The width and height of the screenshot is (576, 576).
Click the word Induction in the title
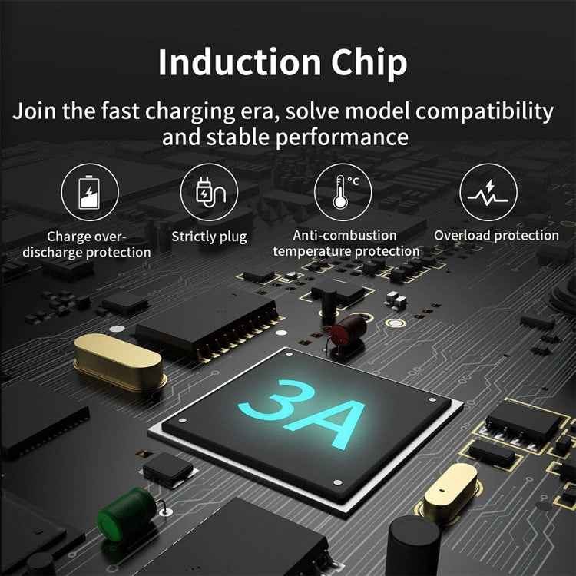(240, 61)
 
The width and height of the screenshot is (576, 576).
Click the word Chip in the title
(369, 64)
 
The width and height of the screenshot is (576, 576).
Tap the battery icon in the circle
(89, 192)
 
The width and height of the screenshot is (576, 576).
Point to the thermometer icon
(342, 192)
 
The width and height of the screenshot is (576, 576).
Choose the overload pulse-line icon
(488, 194)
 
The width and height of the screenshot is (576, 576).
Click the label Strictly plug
(209, 237)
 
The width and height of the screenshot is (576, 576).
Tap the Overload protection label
(496, 236)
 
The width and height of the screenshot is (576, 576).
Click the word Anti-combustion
(345, 236)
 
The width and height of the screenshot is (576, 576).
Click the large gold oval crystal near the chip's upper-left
(118, 362)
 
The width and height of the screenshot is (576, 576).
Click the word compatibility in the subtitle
(484, 111)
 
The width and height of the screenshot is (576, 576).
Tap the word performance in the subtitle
(342, 137)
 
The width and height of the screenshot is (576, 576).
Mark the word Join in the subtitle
(34, 111)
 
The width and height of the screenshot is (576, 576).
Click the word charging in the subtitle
(190, 111)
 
